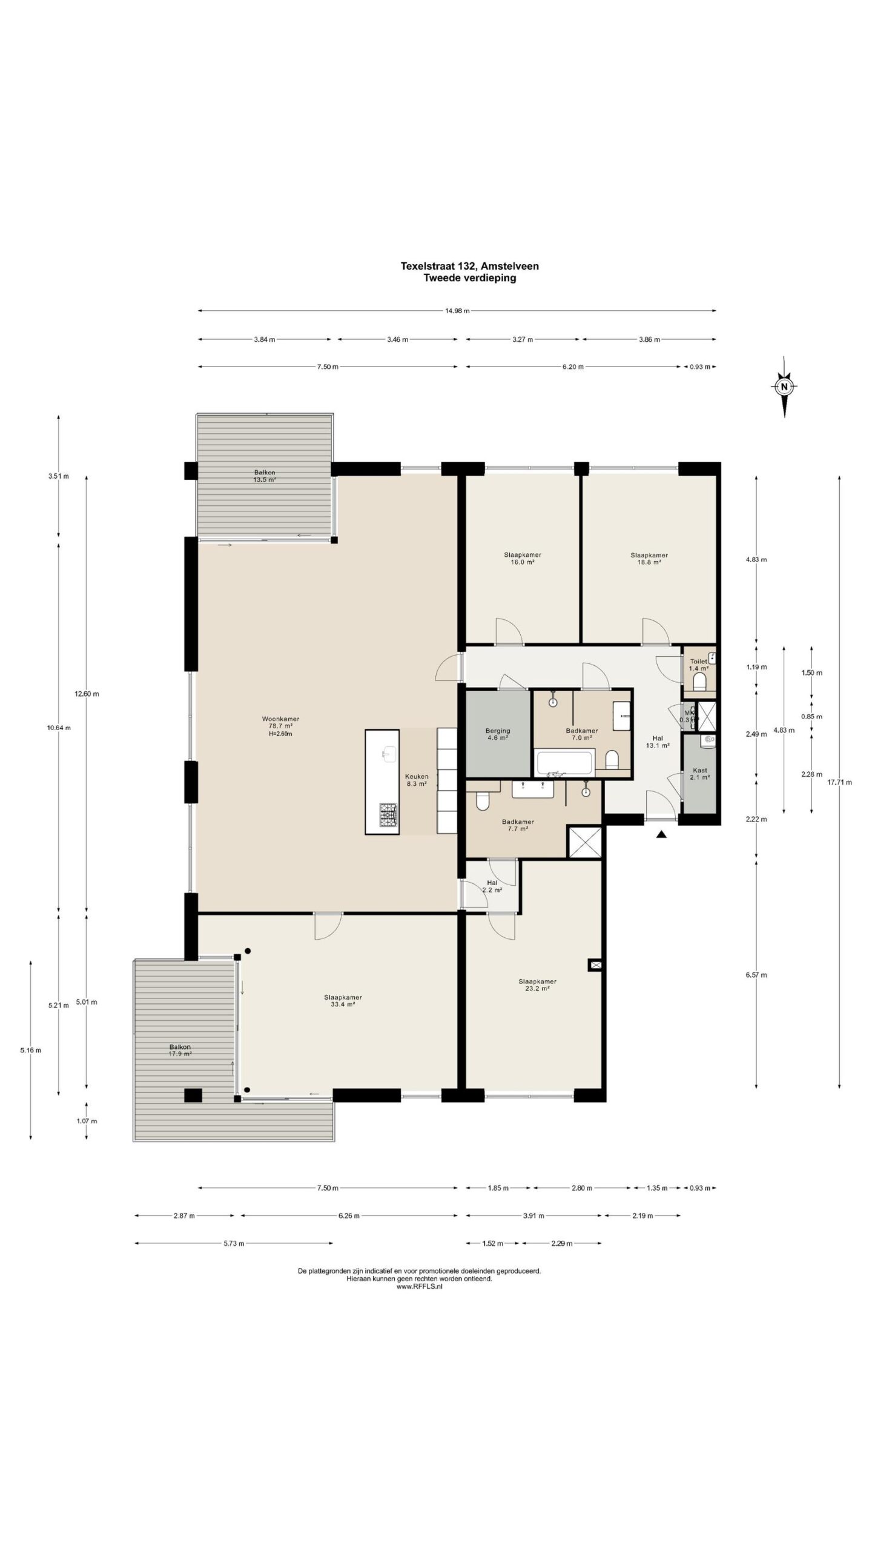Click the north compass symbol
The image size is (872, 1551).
pyautogui.click(x=784, y=387)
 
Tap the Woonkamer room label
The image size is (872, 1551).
pyautogui.click(x=280, y=726)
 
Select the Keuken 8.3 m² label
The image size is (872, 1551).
pyautogui.click(x=416, y=780)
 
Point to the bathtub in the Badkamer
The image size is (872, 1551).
pyautogui.click(x=564, y=762)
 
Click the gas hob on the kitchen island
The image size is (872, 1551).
pyautogui.click(x=388, y=815)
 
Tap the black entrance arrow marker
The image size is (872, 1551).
pyautogui.click(x=661, y=835)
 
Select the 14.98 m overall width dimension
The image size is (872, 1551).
pyautogui.click(x=457, y=311)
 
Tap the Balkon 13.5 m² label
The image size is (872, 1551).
pyautogui.click(x=265, y=476)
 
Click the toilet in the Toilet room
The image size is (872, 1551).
pyautogui.click(x=699, y=682)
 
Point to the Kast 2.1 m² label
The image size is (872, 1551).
pyautogui.click(x=699, y=773)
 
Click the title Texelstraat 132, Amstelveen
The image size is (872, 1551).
pyautogui.click(x=469, y=265)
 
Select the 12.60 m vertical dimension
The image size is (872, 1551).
pyautogui.click(x=87, y=694)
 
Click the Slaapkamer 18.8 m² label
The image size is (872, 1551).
pyautogui.click(x=649, y=558)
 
